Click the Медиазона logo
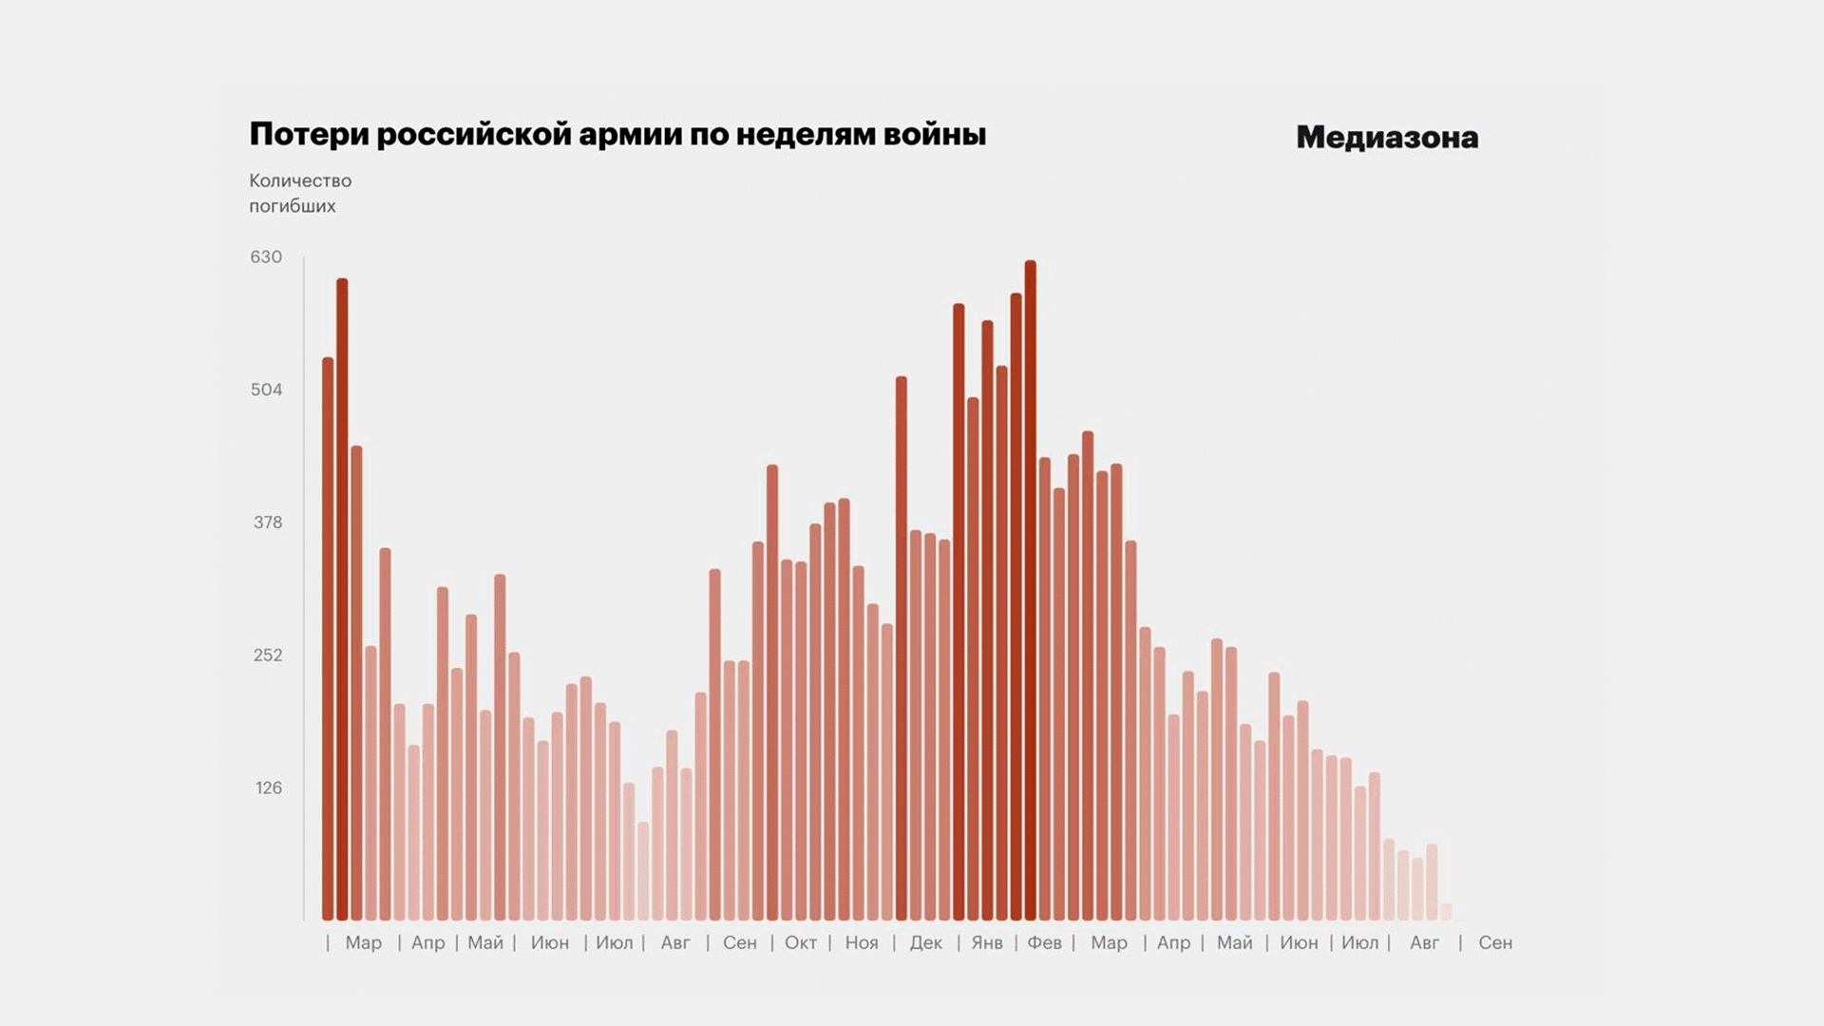tap(1387, 138)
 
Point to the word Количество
tap(300, 180)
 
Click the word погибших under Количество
tap(293, 206)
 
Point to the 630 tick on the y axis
tap(266, 257)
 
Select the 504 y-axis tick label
tap(266, 389)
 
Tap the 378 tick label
tap(268, 522)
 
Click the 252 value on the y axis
tap(268, 655)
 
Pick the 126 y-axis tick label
tap(269, 788)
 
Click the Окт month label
tap(801, 943)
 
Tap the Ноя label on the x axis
tap(862, 943)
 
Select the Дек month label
tap(926, 943)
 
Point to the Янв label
tap(987, 943)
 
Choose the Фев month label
tap(1045, 943)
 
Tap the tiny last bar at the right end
tap(1446, 912)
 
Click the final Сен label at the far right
tap(1495, 943)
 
